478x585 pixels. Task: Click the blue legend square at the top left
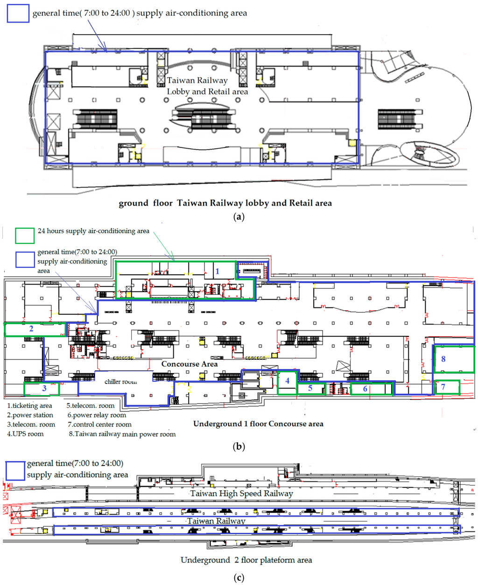point(18,13)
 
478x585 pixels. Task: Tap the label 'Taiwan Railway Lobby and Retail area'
point(207,86)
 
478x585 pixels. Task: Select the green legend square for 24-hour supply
point(24,235)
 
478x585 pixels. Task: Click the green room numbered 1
point(218,271)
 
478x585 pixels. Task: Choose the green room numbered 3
point(42,388)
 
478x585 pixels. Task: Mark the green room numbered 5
point(310,388)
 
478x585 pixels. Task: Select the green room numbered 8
point(453,358)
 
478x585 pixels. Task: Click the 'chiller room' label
point(120,382)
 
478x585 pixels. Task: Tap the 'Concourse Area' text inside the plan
point(189,364)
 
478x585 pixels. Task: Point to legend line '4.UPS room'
point(25,434)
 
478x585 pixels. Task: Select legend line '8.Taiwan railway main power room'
point(122,434)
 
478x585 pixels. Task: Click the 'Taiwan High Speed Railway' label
point(241,494)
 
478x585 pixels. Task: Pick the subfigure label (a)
point(239,216)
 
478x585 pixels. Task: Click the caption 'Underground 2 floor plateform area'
point(246,560)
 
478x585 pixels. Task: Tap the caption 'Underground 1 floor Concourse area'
point(258,424)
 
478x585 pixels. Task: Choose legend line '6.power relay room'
point(97,415)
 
